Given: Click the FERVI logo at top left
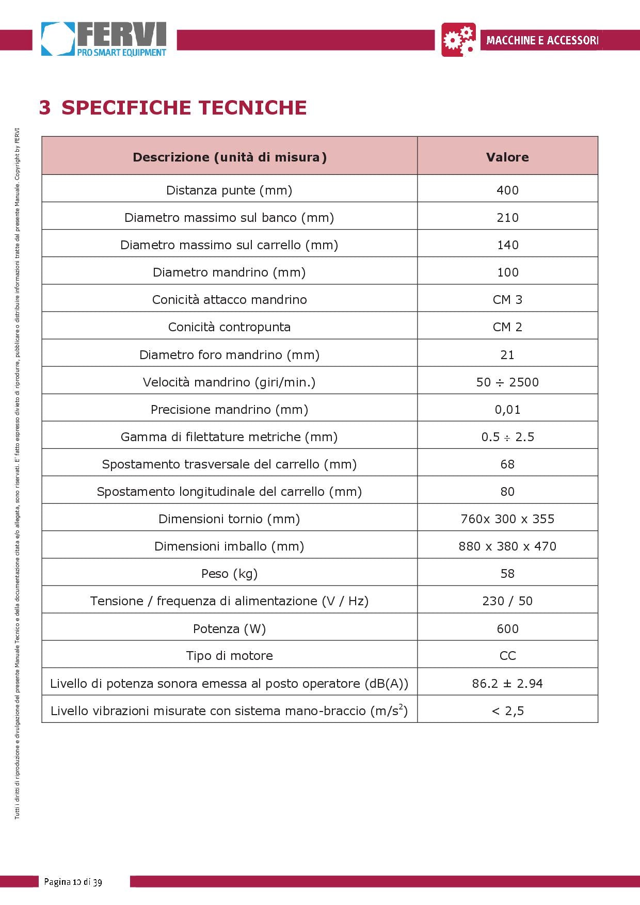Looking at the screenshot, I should click(x=104, y=39).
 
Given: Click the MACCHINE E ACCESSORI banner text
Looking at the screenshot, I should click(x=541, y=40).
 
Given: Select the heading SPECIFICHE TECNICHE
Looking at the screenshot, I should click(x=184, y=107).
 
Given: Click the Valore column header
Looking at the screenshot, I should click(x=507, y=157).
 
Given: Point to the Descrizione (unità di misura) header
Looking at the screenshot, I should click(x=230, y=157).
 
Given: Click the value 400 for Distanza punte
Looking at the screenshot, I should click(x=507, y=190).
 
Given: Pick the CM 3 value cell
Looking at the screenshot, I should click(x=507, y=300).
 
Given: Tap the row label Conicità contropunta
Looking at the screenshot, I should click(x=229, y=327).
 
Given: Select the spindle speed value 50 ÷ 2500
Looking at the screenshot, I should click(x=507, y=382).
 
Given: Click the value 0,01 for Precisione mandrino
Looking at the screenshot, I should click(x=507, y=410).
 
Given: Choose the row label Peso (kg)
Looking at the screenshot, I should click(x=229, y=574).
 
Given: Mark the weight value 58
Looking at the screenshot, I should click(x=507, y=574).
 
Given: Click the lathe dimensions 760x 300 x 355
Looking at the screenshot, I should click(x=507, y=519).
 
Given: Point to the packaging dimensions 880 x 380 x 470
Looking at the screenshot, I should click(x=507, y=546).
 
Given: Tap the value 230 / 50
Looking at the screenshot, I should click(x=507, y=601).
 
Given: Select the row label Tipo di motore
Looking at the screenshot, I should click(x=229, y=656).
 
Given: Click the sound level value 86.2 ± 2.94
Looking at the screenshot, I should click(x=507, y=684).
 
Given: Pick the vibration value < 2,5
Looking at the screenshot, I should click(x=507, y=711).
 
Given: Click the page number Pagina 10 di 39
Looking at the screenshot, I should click(x=73, y=882).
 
